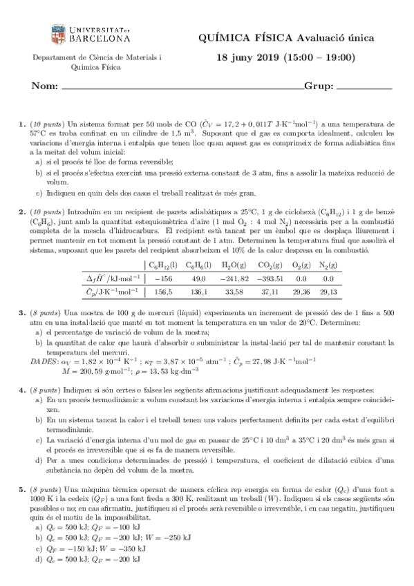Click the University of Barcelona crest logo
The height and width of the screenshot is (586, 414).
[59, 34]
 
